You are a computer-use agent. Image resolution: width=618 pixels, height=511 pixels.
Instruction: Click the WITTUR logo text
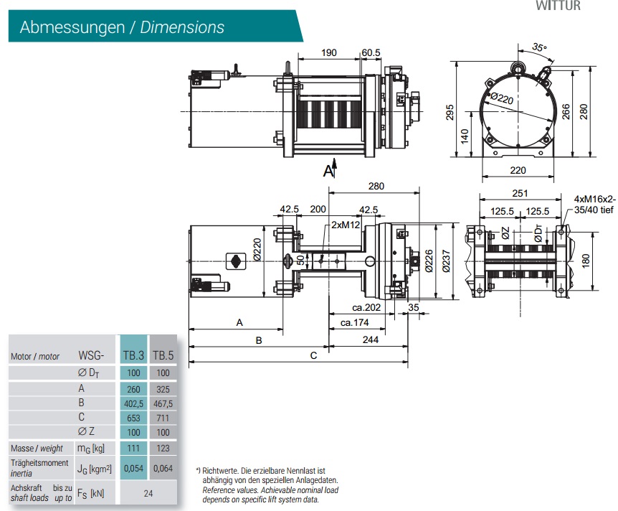pyautogui.click(x=559, y=6)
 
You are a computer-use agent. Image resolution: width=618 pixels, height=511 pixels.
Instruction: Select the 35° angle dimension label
pyautogui.click(x=538, y=48)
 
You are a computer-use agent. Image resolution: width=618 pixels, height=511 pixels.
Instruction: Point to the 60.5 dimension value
pyautogui.click(x=371, y=53)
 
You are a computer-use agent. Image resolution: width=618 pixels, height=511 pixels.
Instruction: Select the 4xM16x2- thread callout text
pyautogui.click(x=594, y=198)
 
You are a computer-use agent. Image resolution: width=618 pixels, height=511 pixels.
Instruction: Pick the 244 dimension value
pyautogui.click(x=370, y=340)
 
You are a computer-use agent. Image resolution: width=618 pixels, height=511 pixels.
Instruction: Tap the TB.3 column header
pyautogui.click(x=133, y=355)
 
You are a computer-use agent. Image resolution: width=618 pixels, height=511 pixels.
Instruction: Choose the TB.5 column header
pyautogui.click(x=163, y=355)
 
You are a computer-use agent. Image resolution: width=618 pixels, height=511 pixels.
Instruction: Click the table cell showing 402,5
pyautogui.click(x=133, y=403)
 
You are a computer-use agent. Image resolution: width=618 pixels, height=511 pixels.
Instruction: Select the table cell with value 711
pyautogui.click(x=163, y=418)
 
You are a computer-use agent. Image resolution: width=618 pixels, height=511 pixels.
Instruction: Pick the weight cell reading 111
pyautogui.click(x=133, y=448)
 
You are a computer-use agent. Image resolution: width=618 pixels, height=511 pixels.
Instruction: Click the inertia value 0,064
pyautogui.click(x=163, y=467)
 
